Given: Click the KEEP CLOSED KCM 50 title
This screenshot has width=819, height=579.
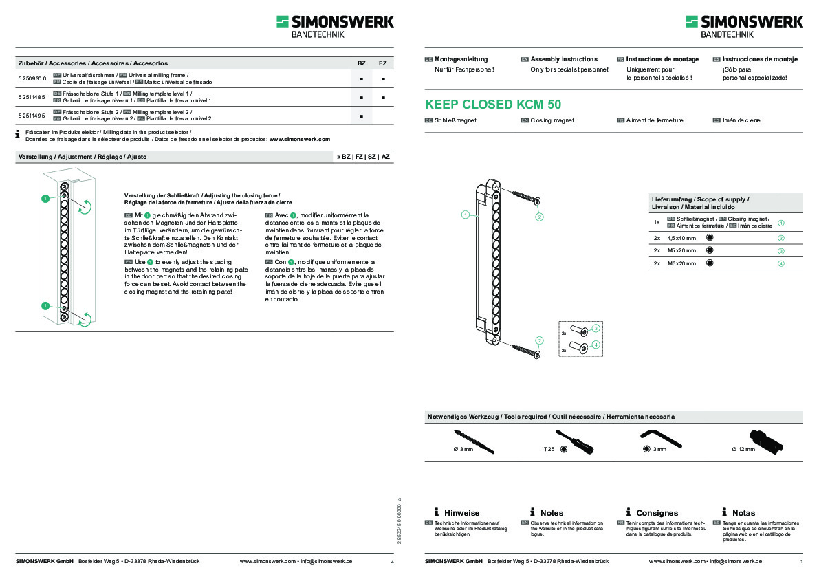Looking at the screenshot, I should [x=492, y=105].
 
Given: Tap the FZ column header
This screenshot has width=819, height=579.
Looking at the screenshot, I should [x=382, y=63].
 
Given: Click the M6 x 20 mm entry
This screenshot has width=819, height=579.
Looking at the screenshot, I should [x=681, y=263].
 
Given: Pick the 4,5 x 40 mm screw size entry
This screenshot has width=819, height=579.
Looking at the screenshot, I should [x=681, y=238].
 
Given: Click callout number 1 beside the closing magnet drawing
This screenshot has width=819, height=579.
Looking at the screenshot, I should [x=466, y=215].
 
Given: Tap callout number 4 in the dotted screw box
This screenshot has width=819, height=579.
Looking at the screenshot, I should [x=596, y=345].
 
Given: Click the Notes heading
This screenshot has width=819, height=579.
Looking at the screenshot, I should [x=552, y=513].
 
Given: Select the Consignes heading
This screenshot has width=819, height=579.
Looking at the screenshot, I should [x=657, y=513].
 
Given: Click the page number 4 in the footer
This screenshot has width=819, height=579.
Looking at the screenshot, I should [x=392, y=562].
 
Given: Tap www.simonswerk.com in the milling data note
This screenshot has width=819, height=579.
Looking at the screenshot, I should [x=300, y=139].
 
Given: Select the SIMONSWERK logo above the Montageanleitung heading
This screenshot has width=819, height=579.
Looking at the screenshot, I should [x=744, y=27].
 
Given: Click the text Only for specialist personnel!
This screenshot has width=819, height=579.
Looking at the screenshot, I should [x=570, y=69].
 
